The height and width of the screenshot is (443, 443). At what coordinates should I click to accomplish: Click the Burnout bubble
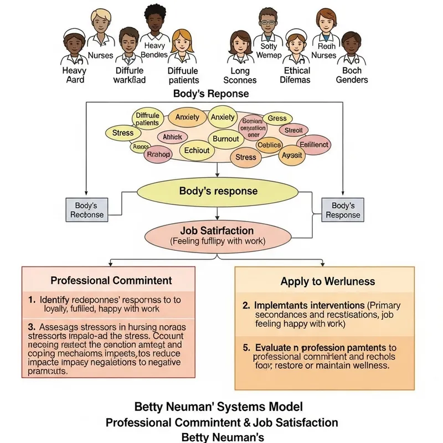point(225,139)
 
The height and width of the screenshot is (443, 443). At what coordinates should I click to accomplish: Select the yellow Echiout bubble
point(197,150)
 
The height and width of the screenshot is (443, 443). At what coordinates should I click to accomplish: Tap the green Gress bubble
point(277,118)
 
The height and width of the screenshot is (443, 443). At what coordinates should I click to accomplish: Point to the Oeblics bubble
point(270,145)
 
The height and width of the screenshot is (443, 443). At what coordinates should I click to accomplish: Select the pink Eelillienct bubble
point(314,145)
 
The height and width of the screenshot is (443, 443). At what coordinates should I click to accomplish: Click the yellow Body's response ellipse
point(218,191)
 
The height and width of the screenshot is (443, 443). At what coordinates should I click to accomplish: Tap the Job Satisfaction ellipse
point(217,235)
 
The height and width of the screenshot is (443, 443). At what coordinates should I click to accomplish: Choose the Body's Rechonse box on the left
point(87,210)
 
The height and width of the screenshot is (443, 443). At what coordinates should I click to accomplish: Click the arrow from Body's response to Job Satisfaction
point(217,213)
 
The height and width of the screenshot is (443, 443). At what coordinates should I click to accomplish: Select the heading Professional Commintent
point(111,280)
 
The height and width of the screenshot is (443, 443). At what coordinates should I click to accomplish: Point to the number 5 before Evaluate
point(245,347)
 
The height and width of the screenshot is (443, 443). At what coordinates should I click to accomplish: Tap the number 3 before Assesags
point(31,327)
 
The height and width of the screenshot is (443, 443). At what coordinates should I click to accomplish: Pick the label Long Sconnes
point(240,75)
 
